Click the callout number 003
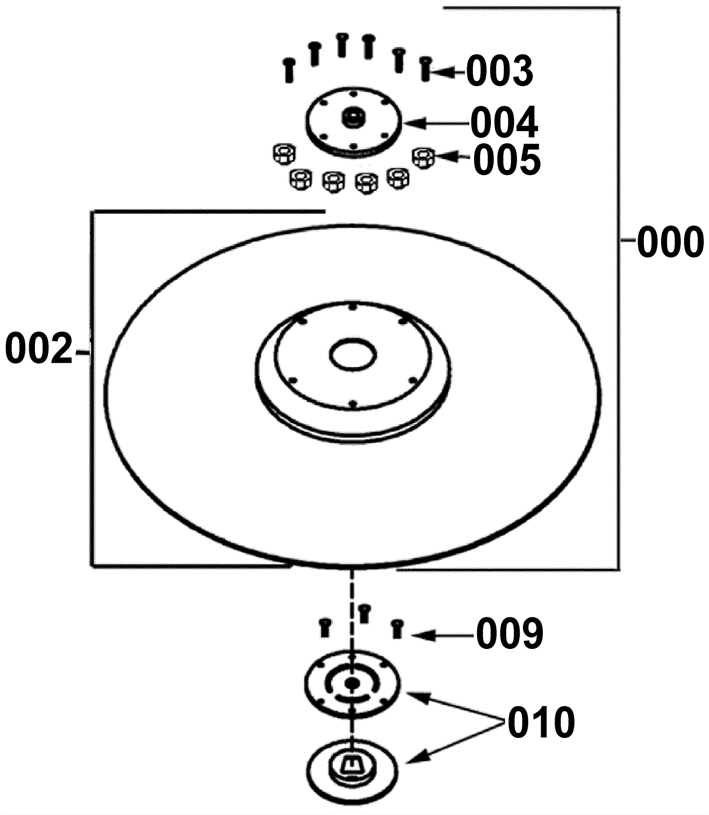pyautogui.click(x=499, y=71)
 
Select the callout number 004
pyautogui.click(x=504, y=123)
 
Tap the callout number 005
pyautogui.click(x=507, y=159)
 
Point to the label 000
pyautogui.click(x=670, y=242)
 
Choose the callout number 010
pyautogui.click(x=541, y=722)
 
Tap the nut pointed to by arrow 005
pyautogui.click(x=423, y=158)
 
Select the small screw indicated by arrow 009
pyautogui.click(x=397, y=629)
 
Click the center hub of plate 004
pyautogui.click(x=353, y=118)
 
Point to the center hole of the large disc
pyautogui.click(x=354, y=354)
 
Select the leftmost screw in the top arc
pyautogui.click(x=289, y=70)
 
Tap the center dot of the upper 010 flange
pyautogui.click(x=352, y=683)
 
